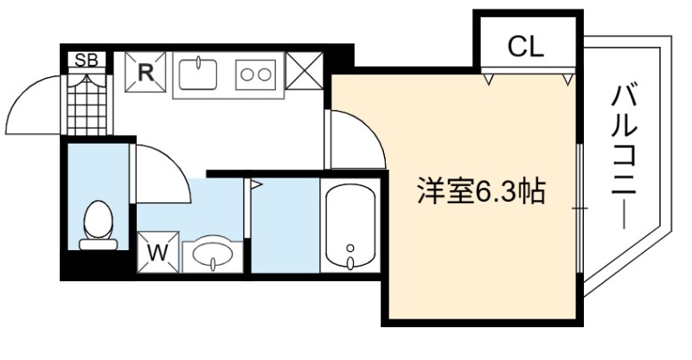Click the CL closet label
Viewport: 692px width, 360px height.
[525, 46]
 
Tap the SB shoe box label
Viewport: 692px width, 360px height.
[86, 60]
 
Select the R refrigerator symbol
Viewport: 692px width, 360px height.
[145, 72]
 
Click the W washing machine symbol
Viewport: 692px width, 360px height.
[158, 252]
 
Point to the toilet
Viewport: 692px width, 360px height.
[98, 226]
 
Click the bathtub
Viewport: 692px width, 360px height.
[350, 226]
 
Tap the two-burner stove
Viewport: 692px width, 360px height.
[255, 74]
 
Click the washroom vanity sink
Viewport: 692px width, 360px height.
[213, 255]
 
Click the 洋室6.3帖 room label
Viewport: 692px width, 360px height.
[482, 191]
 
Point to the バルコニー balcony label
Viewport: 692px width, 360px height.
[624, 157]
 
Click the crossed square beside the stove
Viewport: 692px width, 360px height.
[304, 71]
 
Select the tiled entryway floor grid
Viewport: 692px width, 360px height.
[87, 104]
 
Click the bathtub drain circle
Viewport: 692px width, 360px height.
[350, 247]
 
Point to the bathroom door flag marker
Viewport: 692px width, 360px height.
[256, 184]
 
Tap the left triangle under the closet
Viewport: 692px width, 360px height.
[489, 80]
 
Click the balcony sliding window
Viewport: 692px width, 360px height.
[580, 208]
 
